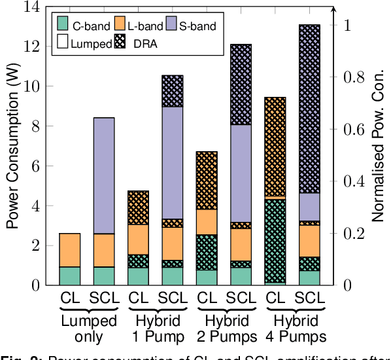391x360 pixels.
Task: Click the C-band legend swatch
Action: click(x=62, y=26)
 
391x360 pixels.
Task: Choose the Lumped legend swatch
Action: click(x=62, y=45)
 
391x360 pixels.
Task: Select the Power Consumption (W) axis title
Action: click(x=12, y=147)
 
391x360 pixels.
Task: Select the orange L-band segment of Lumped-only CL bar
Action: click(x=70, y=250)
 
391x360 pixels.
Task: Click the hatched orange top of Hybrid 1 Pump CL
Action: click(x=138, y=207)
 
